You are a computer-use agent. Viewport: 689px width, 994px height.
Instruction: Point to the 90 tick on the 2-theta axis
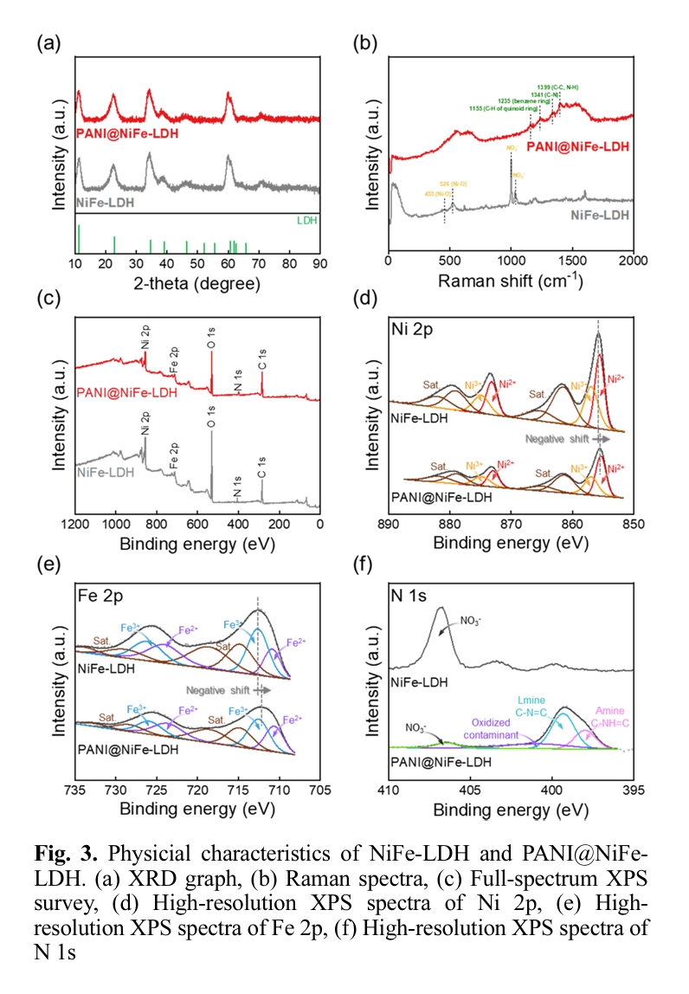(320, 263)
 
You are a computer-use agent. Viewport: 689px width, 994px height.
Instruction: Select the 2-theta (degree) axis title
(197, 282)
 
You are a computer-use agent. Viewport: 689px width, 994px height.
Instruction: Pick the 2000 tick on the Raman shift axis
(633, 262)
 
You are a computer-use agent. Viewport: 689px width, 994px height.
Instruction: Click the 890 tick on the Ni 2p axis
(389, 524)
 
